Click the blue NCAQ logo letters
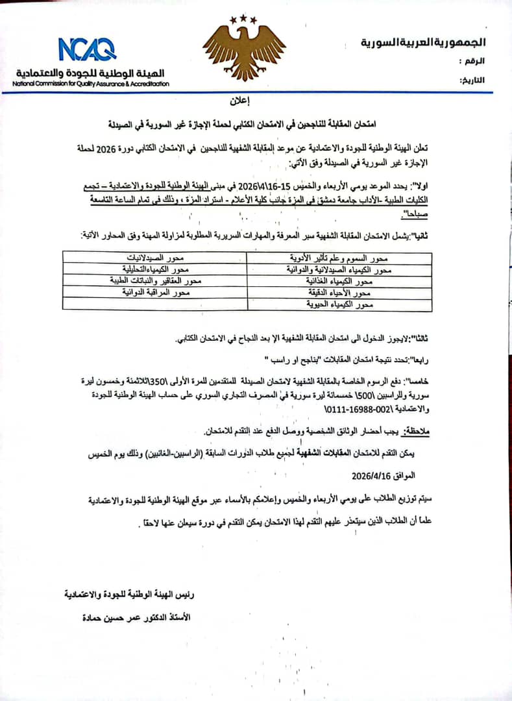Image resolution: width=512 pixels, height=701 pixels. coord(87,49)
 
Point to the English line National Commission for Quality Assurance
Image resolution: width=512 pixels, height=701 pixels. coord(91,84)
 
